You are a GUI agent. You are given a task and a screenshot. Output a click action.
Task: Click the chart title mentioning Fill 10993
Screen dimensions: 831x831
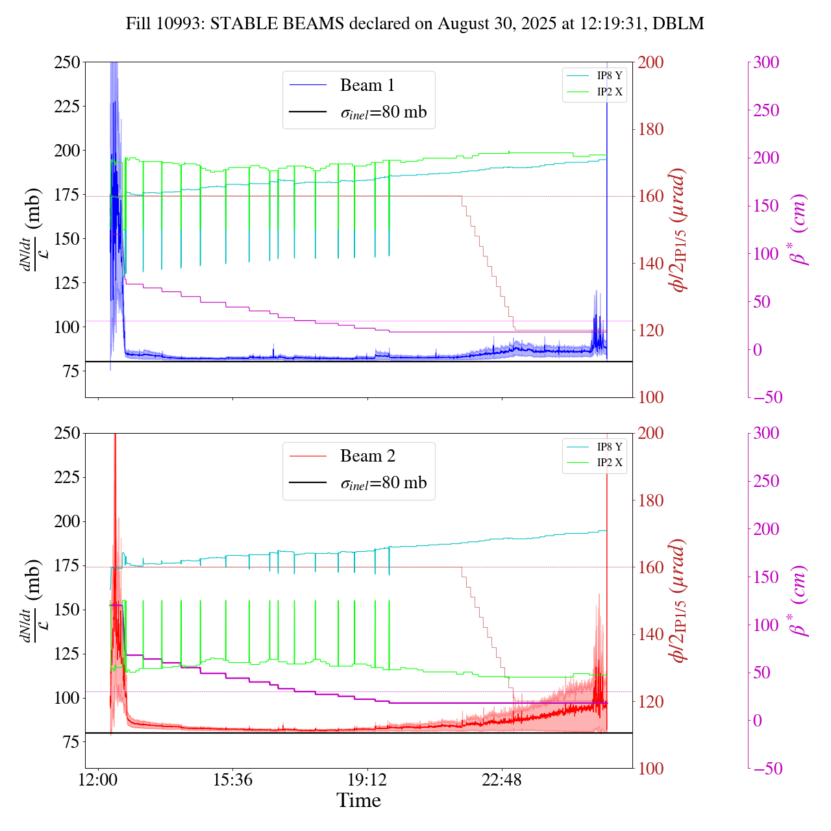(415, 24)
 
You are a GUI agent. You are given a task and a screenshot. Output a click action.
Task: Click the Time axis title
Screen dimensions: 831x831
(358, 800)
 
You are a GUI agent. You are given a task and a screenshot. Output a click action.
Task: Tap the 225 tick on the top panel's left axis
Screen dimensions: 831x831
(67, 106)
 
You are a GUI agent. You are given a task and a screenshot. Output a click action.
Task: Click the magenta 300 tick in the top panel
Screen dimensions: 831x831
(766, 62)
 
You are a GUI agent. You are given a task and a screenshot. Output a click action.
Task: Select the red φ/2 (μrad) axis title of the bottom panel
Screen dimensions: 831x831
(679, 601)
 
